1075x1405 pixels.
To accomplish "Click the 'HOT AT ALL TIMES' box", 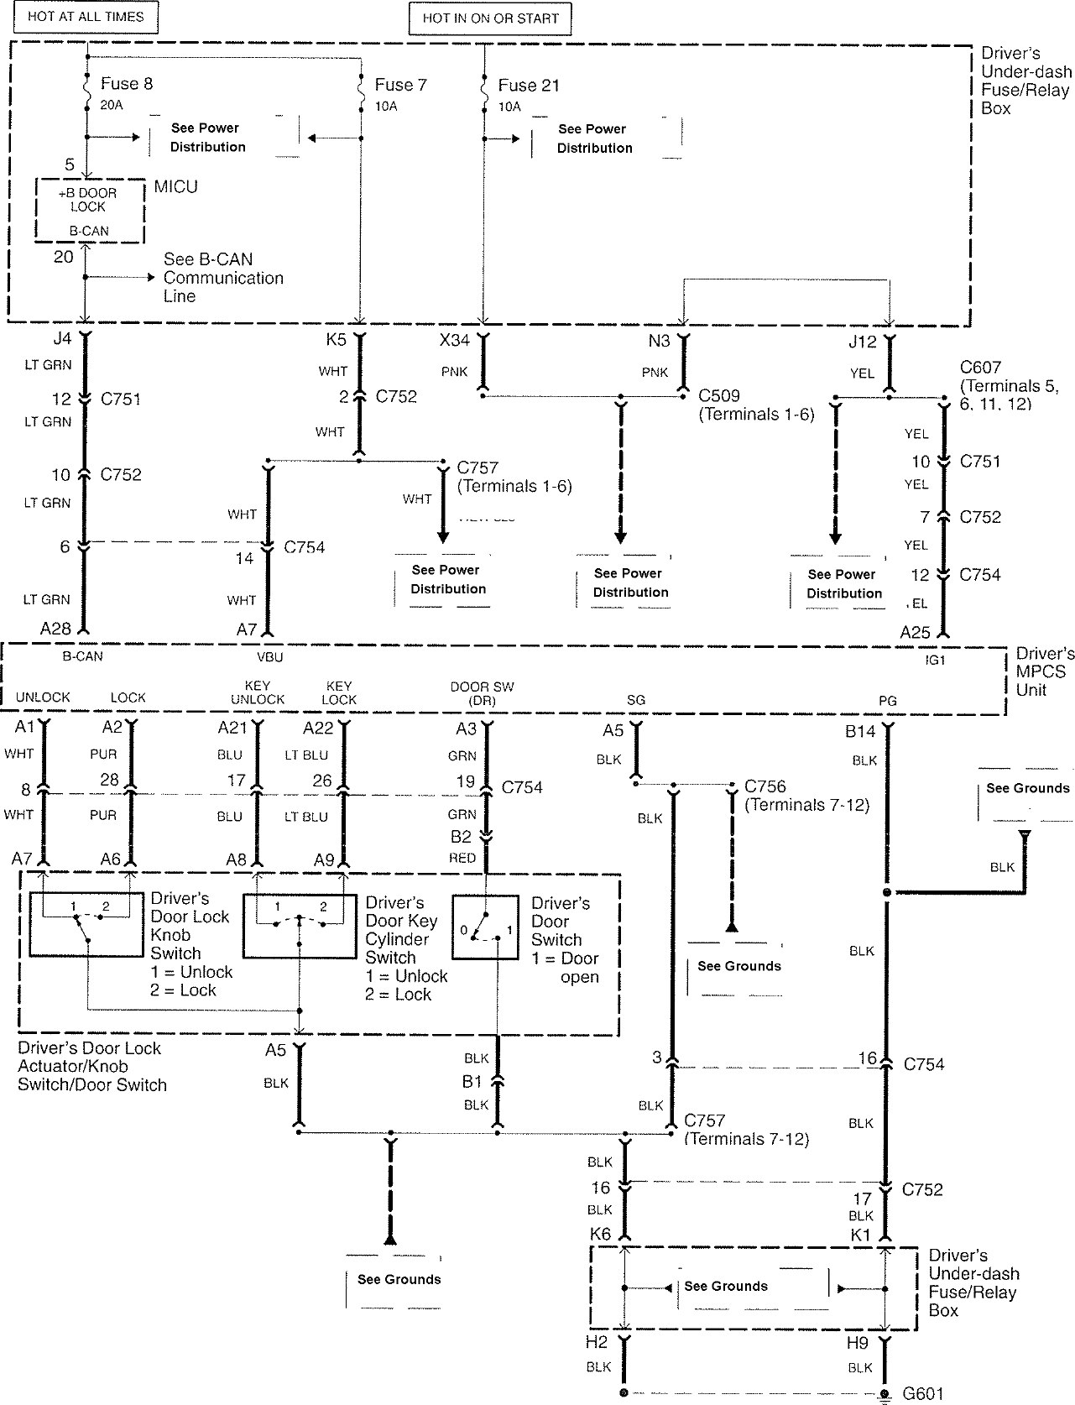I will [x=86, y=17].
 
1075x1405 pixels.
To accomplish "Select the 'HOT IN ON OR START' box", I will [x=490, y=18].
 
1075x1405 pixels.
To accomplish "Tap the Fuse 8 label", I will [x=126, y=84].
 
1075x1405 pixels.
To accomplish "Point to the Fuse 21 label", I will [x=528, y=86].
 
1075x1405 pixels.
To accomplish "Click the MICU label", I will [x=175, y=186].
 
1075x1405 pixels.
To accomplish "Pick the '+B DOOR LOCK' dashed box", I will [x=89, y=210].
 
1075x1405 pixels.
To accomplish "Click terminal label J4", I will [x=62, y=339].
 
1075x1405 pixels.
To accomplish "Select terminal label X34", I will [x=455, y=340].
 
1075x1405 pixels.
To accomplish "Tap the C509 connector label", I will [x=719, y=395].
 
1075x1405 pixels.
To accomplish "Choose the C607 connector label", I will [x=980, y=368].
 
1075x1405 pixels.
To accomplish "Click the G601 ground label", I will [x=923, y=1394].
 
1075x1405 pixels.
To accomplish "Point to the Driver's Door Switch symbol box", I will [x=485, y=927].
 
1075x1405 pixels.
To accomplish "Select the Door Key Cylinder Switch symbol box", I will [x=299, y=926].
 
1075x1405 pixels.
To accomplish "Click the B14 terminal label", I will [x=860, y=732].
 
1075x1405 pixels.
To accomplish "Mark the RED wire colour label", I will [x=462, y=858].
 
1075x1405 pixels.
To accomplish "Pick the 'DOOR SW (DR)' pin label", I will [x=482, y=693].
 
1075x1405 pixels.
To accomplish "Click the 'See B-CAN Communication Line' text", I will [x=222, y=278].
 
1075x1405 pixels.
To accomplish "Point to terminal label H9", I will [x=857, y=1343].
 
